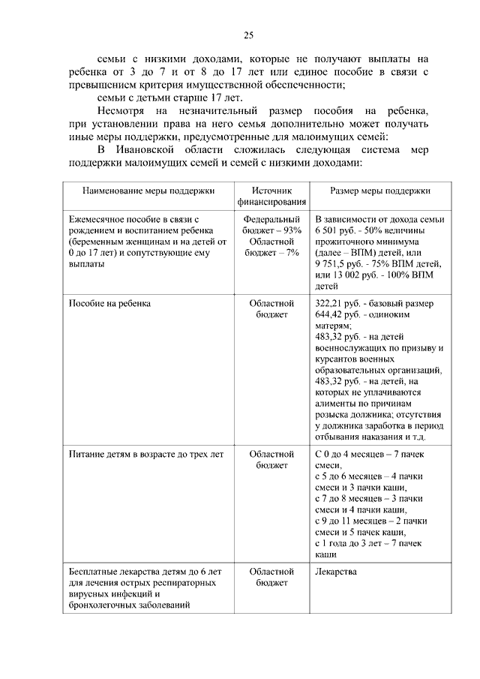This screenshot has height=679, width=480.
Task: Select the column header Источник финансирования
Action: pyautogui.click(x=271, y=197)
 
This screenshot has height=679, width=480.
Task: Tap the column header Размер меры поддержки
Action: pyautogui.click(x=379, y=191)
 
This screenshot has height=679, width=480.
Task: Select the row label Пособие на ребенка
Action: pyautogui.click(x=109, y=303)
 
